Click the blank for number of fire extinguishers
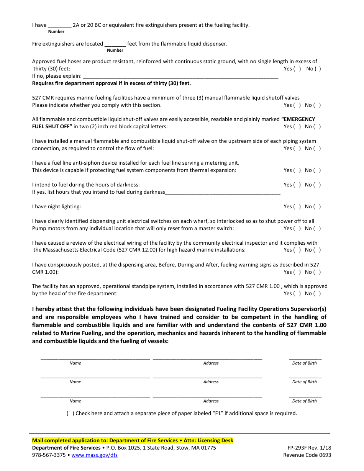click(x=59, y=26)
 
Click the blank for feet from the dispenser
click(x=115, y=44)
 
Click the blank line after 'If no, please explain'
click(x=180, y=77)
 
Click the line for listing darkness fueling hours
click(x=223, y=193)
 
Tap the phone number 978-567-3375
click(x=49, y=455)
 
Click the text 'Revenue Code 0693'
click(x=307, y=455)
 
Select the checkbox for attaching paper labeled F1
click(x=71, y=414)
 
